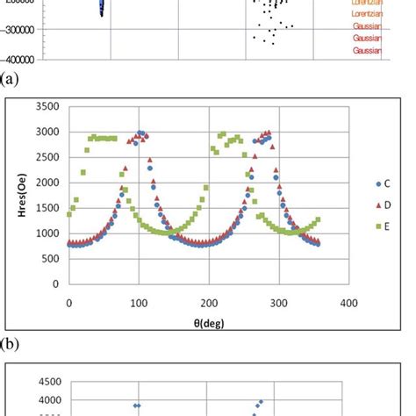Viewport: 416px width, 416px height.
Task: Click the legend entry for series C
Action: [386, 183]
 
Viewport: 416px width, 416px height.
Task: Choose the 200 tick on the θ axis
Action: [209, 303]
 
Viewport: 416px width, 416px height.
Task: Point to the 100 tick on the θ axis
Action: [139, 303]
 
